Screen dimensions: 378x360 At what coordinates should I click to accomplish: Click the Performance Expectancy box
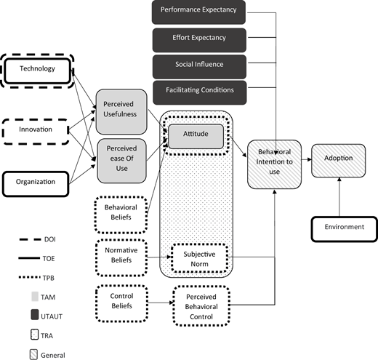click(x=198, y=12)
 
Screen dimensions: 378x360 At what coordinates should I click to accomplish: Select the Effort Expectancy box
click(x=199, y=40)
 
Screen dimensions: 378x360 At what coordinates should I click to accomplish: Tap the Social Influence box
click(x=199, y=67)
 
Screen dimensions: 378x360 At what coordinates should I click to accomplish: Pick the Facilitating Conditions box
click(x=200, y=92)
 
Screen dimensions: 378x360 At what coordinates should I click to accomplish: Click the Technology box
click(x=38, y=71)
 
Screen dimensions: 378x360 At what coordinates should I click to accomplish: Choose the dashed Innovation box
click(x=36, y=132)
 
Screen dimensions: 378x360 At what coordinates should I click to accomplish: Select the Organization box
click(x=36, y=184)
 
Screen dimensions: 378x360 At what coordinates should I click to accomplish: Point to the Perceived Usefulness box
click(x=121, y=112)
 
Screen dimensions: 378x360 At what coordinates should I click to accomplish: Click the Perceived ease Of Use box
click(x=122, y=161)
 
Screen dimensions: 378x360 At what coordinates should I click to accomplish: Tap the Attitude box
click(x=196, y=137)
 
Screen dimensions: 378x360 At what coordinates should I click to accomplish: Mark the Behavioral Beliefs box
click(x=121, y=215)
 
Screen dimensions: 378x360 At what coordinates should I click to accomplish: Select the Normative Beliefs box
click(x=121, y=257)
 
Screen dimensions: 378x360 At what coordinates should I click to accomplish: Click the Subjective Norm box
click(x=200, y=258)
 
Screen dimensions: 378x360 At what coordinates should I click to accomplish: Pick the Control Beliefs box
click(x=121, y=303)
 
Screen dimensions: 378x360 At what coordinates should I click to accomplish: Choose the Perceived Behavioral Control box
click(x=201, y=306)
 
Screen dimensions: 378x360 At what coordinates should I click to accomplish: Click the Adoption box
click(x=339, y=161)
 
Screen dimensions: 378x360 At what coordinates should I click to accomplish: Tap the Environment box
click(x=345, y=229)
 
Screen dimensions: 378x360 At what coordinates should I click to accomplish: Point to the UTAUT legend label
click(x=52, y=316)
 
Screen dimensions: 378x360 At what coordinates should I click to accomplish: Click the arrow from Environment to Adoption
click(x=339, y=197)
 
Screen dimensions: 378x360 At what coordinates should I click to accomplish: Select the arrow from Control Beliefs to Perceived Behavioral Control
click(x=161, y=303)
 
